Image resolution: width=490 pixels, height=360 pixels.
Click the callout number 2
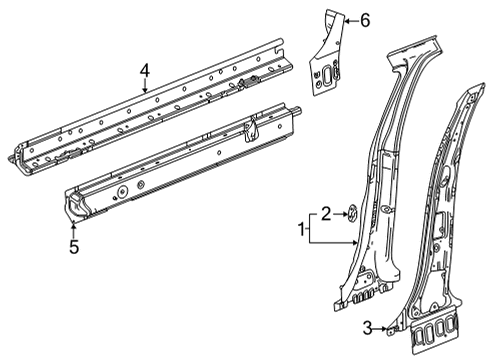tap(326, 211)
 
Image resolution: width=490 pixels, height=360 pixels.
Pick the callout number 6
tap(365, 19)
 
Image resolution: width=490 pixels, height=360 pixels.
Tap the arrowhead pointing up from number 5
tap(72, 222)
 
